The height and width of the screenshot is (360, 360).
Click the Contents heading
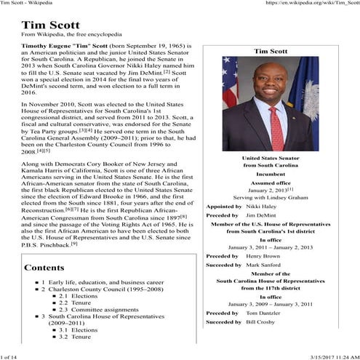pyautogui.click(x=45, y=268)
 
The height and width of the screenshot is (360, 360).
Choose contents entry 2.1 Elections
pyautogui.click(x=84, y=296)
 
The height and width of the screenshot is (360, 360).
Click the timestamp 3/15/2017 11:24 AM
pyautogui.click(x=323, y=355)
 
